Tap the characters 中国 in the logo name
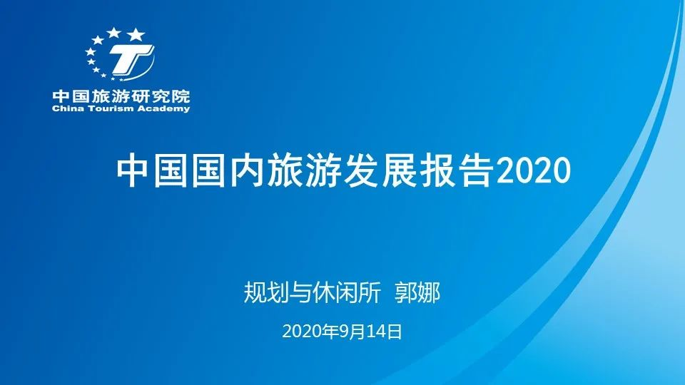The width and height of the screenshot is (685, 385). [x=71, y=96]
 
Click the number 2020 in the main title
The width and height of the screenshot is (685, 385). [x=534, y=170]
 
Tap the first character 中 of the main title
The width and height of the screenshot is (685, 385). [x=133, y=170]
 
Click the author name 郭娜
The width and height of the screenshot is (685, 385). [x=417, y=292]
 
